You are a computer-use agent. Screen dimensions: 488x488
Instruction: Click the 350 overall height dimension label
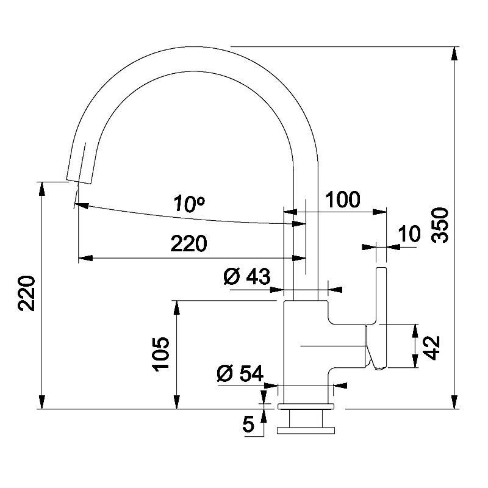point(440,225)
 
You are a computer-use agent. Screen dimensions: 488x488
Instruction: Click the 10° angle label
point(189,204)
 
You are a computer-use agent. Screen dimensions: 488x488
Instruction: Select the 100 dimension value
point(342,199)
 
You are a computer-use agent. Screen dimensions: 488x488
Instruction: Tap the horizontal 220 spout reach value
point(188,243)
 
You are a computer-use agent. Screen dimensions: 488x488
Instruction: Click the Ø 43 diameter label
point(247,276)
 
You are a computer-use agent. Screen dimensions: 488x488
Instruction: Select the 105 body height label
point(160,354)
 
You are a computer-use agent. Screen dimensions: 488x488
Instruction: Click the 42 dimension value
point(431,348)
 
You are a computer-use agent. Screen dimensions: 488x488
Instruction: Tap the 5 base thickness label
point(248,424)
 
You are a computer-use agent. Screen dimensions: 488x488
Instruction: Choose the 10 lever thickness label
point(409,234)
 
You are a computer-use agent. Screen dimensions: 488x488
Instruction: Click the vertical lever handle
point(381,318)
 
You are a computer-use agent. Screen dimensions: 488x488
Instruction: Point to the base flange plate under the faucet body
point(306,406)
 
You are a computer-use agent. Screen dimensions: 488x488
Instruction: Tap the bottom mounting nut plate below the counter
point(306,431)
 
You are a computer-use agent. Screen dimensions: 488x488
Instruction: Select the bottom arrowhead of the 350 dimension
point(454,401)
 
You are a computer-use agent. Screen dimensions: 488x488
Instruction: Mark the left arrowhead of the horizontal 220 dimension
point(85,258)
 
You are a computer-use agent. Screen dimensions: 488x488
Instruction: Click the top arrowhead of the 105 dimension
point(177,308)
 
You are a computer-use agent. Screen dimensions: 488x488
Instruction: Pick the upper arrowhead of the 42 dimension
point(415,331)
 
